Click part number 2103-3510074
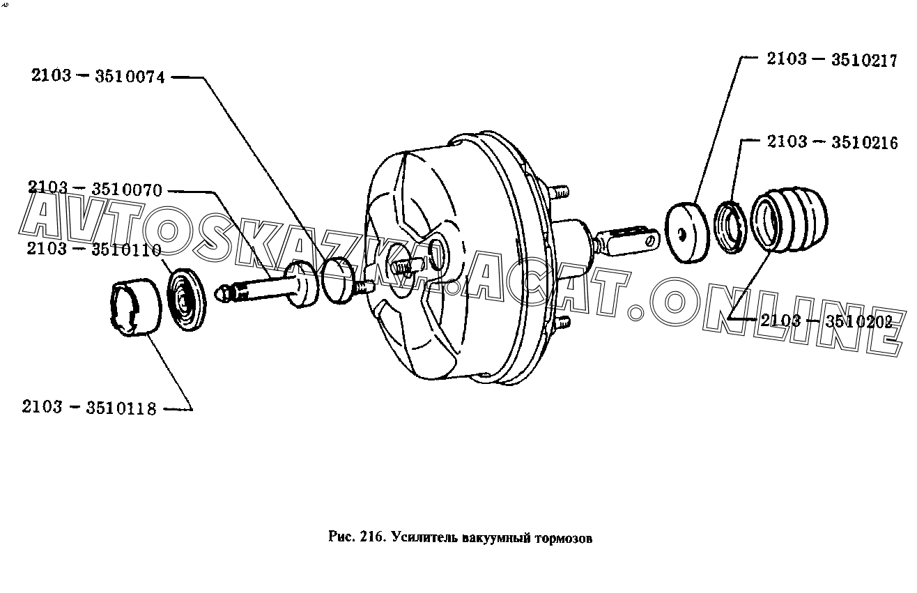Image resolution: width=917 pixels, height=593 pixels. point(98,76)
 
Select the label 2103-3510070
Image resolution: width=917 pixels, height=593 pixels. point(95,189)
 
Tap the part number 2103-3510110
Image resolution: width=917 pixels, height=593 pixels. point(94,249)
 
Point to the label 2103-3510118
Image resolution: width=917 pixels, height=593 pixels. point(89,408)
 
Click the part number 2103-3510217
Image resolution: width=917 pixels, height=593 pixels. point(832,60)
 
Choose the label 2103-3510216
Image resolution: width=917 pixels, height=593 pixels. point(833,142)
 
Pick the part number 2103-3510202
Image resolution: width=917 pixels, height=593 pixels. point(826,321)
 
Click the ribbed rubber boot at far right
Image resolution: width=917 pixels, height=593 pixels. point(789,219)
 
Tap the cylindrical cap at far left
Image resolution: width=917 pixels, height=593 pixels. point(136,307)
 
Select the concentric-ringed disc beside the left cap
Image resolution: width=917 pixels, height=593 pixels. point(187,300)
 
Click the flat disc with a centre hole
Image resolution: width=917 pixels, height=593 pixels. point(686,233)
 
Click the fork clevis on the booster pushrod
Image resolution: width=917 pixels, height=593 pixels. point(629,242)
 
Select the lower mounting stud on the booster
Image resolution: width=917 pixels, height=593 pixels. point(561,323)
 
